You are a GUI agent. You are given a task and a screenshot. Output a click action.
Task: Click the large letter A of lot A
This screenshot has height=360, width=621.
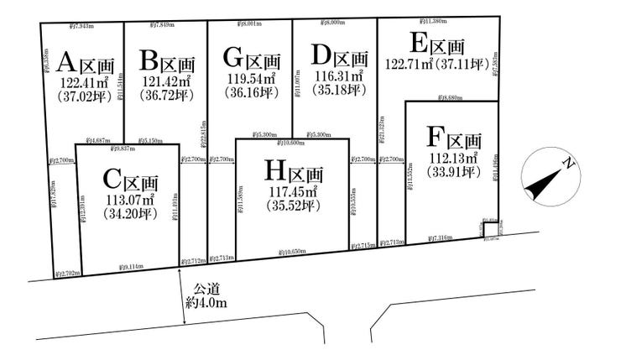(70, 61)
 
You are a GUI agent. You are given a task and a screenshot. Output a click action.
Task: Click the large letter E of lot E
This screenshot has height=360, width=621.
(417, 44)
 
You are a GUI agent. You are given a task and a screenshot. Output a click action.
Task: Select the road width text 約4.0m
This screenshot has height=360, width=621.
(205, 304)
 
